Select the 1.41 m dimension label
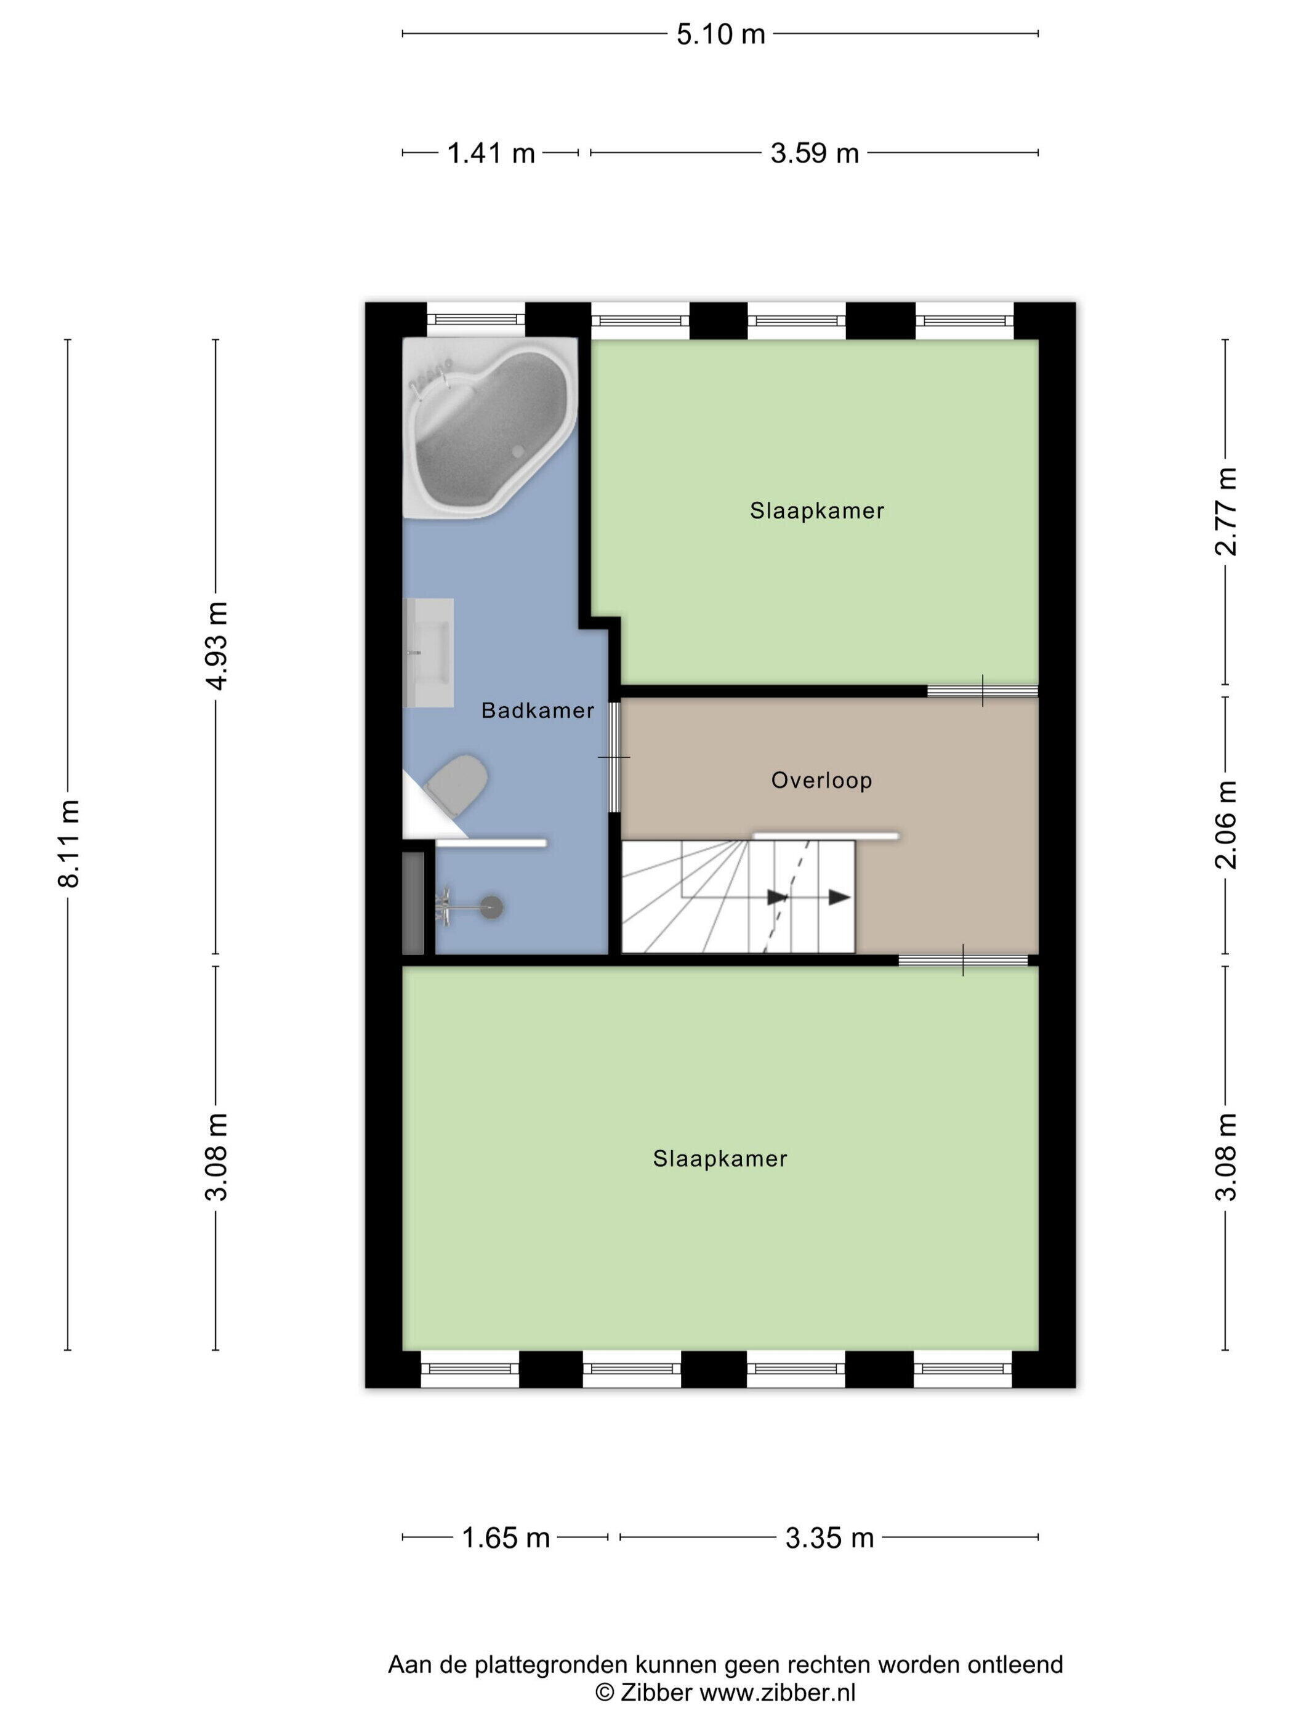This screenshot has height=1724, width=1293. coord(490,153)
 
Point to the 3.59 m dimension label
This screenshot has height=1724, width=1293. coord(815,153)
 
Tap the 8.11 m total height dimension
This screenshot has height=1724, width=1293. coord(68,844)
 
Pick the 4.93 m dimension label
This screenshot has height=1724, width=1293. coord(217,645)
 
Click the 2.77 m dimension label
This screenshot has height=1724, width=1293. coord(1225,511)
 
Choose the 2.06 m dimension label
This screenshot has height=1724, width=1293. coord(1225,824)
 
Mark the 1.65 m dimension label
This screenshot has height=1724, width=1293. coord(506,1537)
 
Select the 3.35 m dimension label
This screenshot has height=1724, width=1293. coord(829,1537)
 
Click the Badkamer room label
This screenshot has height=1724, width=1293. coord(537,710)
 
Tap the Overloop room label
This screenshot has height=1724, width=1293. coord(821,780)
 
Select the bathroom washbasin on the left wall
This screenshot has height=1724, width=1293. coord(428,652)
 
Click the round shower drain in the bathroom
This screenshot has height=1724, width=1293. coord(492,907)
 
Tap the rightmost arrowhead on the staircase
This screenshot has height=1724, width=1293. coord(839,897)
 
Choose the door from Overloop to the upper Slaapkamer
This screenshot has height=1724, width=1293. coord(982,691)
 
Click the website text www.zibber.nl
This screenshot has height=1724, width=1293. coord(777,1692)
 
